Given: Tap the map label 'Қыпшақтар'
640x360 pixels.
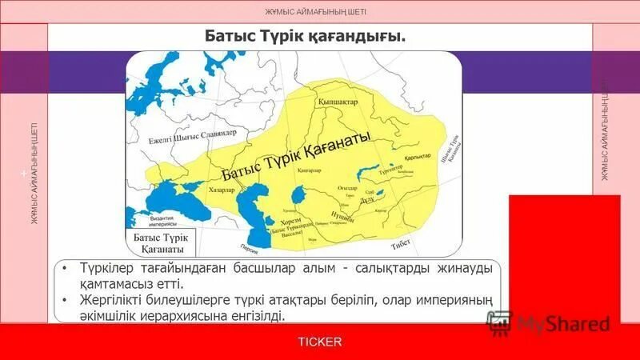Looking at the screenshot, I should [x=337, y=103].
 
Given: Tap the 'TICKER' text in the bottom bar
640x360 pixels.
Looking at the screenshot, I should [x=319, y=342].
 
